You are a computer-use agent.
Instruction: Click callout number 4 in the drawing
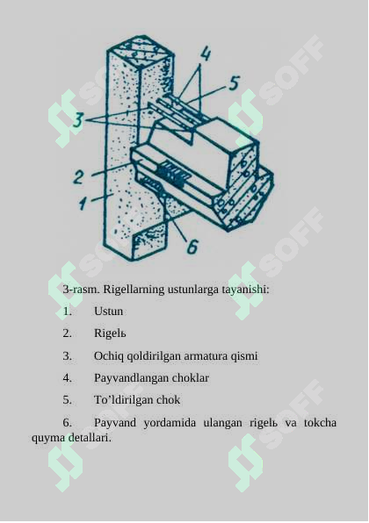(205, 54)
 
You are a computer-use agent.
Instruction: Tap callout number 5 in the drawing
(233, 83)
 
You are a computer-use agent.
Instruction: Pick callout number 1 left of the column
(83, 204)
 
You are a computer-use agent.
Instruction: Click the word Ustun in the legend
(108, 311)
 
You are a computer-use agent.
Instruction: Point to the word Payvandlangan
(130, 378)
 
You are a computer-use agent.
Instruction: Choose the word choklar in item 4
(190, 378)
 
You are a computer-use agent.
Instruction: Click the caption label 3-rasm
(80, 289)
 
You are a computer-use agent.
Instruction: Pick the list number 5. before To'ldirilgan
(67, 400)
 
